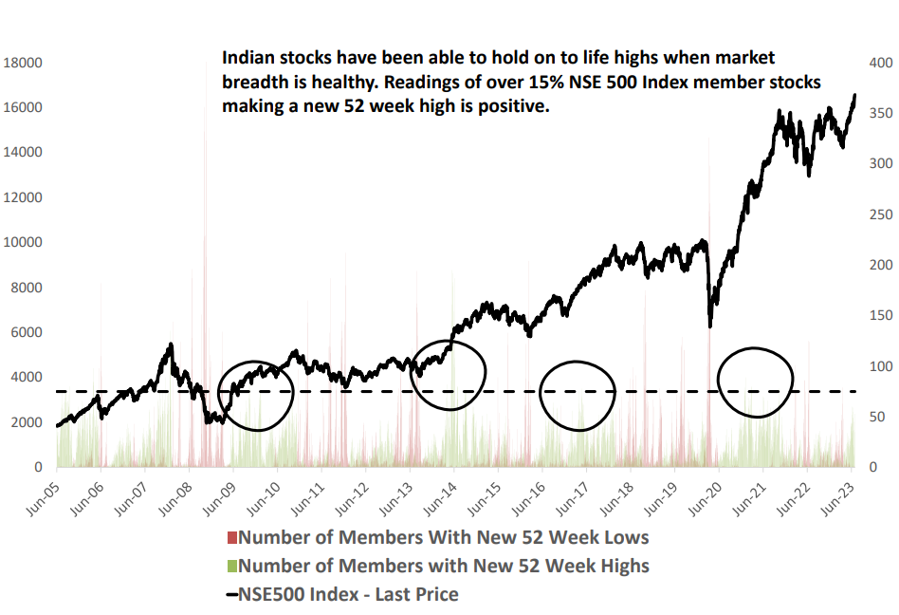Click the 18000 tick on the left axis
23,63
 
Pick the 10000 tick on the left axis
23,243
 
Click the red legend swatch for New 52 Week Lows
232,538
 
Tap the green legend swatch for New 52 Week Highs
232,567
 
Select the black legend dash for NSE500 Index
232,595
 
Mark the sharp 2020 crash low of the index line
710,326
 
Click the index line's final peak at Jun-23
854,95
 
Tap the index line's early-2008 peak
171,344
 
